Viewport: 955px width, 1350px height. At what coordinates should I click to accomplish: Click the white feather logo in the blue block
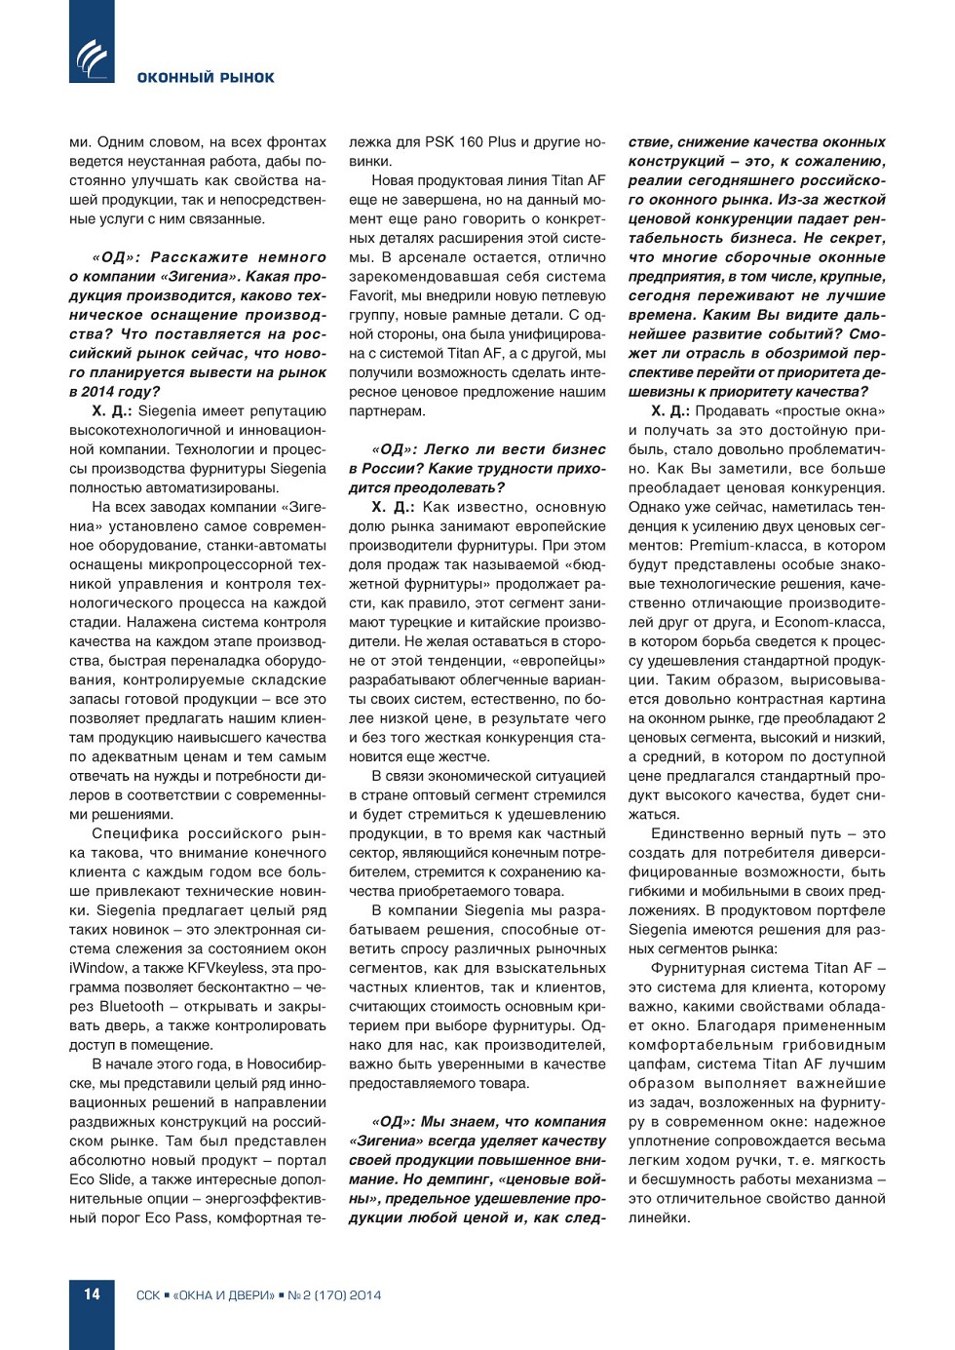[92, 58]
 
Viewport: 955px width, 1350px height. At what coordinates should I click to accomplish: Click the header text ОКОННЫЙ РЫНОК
[206, 78]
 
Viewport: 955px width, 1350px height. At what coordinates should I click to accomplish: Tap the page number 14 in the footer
[92, 1294]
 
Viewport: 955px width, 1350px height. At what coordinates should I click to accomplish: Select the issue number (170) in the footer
[330, 1295]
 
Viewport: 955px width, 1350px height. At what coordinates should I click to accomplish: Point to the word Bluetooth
[132, 1007]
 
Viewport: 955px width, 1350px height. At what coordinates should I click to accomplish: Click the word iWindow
[97, 968]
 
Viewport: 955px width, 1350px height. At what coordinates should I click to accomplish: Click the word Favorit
[374, 296]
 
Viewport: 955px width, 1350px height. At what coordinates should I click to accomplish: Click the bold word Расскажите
[199, 257]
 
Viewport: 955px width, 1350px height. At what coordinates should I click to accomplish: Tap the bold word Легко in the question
[446, 449]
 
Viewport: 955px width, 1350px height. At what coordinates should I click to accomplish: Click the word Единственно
[705, 833]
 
